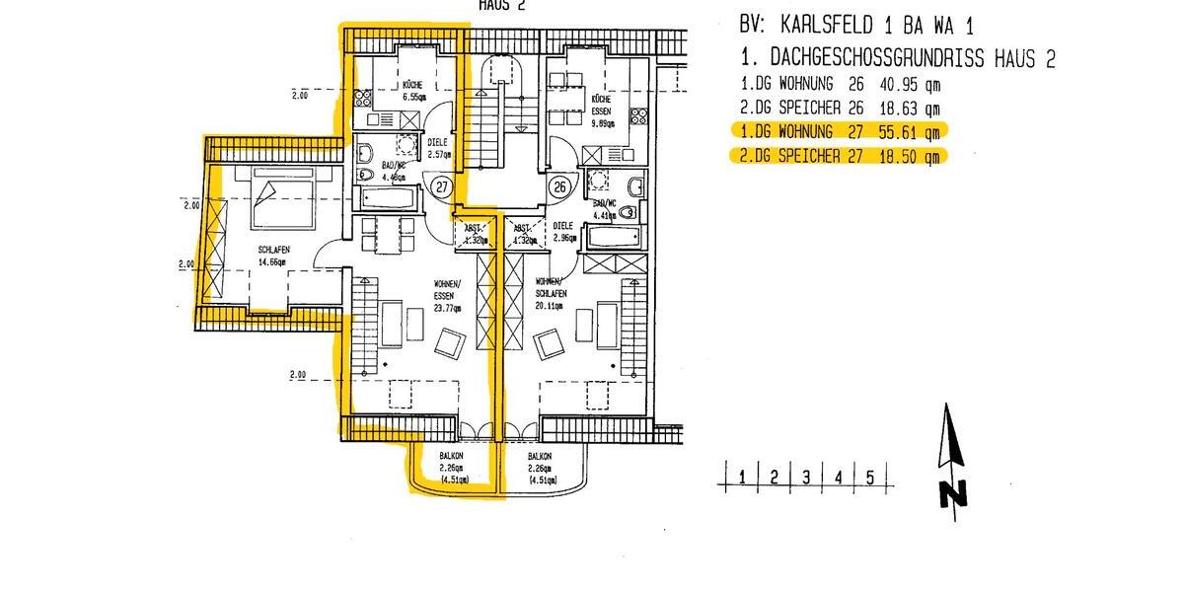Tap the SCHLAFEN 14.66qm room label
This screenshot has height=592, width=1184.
click(272, 257)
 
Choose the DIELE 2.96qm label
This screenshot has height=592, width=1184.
click(563, 232)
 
